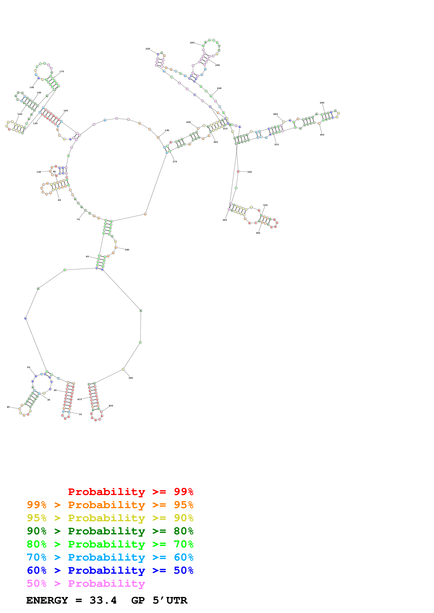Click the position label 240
pos(192,43)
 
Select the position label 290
pos(322,103)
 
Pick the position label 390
pos(130,378)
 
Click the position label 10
pos(80,414)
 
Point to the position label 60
pos(87,257)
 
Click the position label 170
pos(62,71)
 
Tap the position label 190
pos(167,131)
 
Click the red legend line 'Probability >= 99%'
pos(130,492)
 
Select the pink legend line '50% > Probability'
pos(86,584)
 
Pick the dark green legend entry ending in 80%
pos(110,531)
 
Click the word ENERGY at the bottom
pos(47,600)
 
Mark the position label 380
pos(127,250)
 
